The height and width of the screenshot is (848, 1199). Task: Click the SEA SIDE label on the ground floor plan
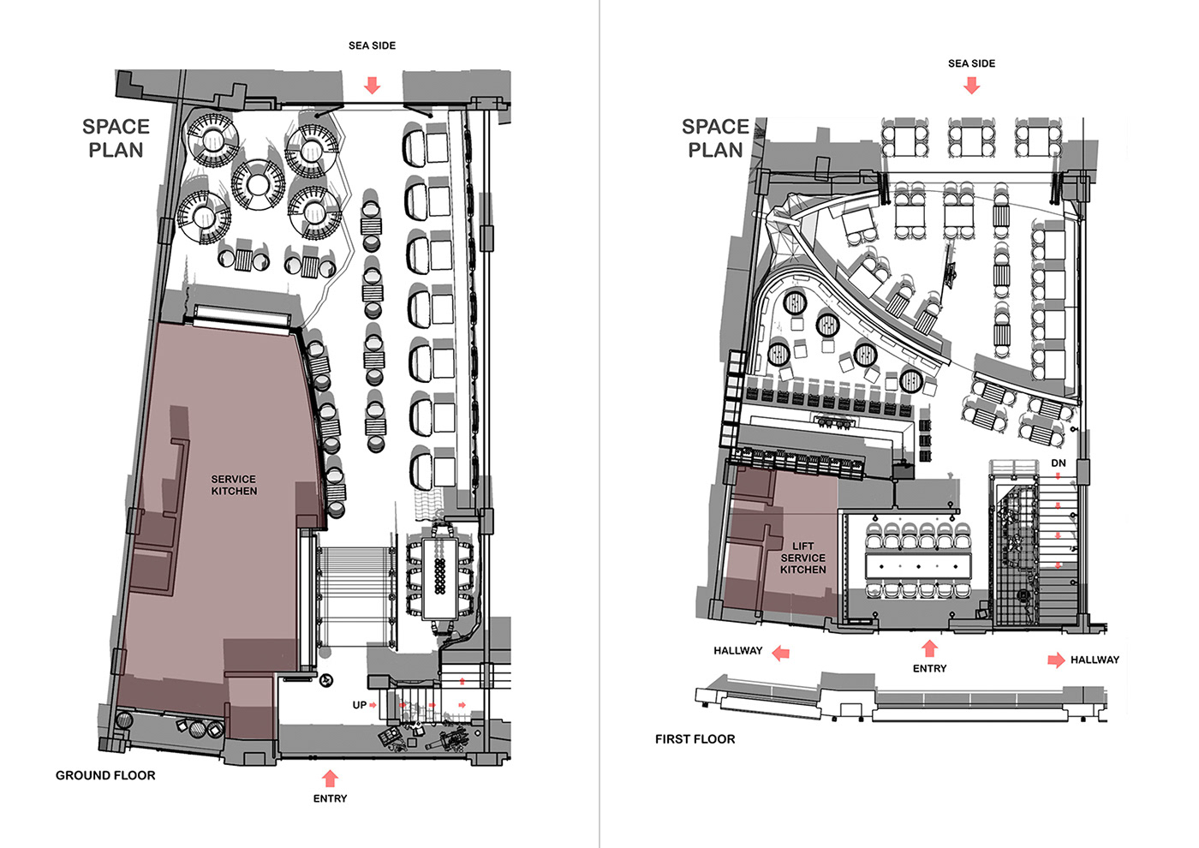click(x=372, y=45)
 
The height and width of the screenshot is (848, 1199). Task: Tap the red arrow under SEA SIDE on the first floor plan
click(x=971, y=86)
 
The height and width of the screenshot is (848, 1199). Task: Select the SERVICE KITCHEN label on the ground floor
click(x=234, y=485)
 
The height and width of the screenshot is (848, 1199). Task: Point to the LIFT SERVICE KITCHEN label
click(x=803, y=558)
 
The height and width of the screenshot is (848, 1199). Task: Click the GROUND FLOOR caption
click(x=105, y=775)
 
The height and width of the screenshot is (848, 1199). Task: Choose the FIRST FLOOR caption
click(x=695, y=738)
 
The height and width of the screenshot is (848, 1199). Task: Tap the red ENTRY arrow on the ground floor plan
click(x=331, y=779)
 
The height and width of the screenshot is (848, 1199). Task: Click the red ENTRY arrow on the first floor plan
click(x=930, y=649)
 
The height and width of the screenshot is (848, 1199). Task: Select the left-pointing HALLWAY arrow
click(x=781, y=653)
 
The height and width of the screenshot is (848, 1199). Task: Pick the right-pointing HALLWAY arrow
click(x=1056, y=660)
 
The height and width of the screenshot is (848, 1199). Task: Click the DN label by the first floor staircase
click(x=1059, y=463)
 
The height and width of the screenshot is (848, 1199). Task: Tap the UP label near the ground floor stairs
click(x=359, y=705)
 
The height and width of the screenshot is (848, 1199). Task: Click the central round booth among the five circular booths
click(x=258, y=185)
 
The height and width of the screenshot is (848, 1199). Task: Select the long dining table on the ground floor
click(x=440, y=579)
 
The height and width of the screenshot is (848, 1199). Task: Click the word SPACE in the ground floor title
click(x=116, y=127)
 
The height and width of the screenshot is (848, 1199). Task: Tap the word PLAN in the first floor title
click(x=716, y=150)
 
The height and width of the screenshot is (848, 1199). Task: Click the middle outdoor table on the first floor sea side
click(x=971, y=138)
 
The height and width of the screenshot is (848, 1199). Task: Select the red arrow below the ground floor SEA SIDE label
click(x=372, y=86)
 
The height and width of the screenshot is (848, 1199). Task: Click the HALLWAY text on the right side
click(x=1095, y=660)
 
